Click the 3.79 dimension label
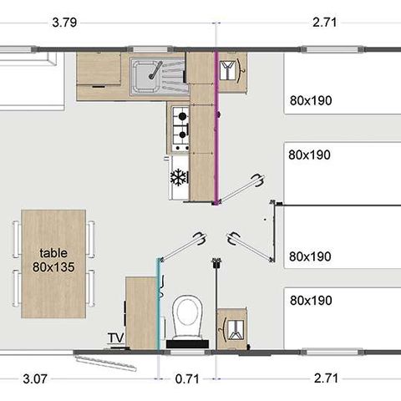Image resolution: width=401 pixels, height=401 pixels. click(x=65, y=23)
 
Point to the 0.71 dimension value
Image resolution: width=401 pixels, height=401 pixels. click(x=187, y=378)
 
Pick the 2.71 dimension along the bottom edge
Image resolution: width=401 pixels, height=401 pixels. click(x=327, y=378)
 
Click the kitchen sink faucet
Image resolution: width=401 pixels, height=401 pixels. click(x=154, y=74)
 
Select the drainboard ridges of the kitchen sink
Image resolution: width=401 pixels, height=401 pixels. click(x=173, y=78)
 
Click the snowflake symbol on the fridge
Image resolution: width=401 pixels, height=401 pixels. click(x=178, y=177)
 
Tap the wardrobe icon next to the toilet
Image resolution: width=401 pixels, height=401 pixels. click(x=231, y=328)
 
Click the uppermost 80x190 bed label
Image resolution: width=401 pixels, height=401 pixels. click(x=311, y=101)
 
